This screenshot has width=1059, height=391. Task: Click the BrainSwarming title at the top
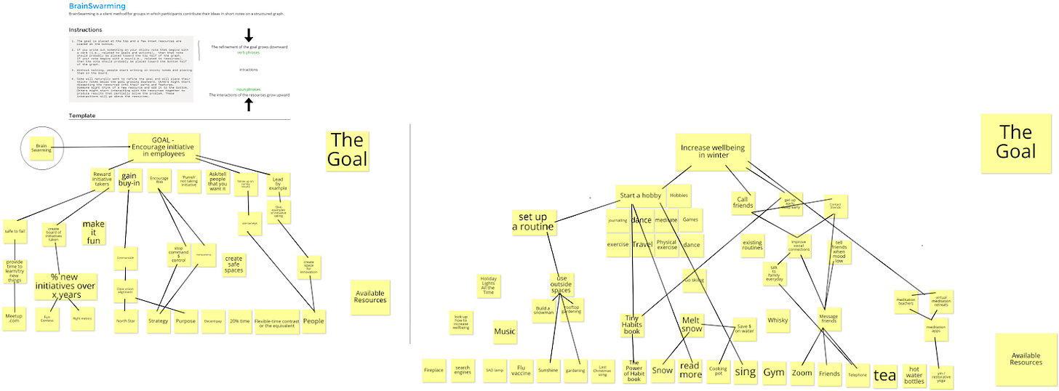pyautogui.click(x=92, y=6)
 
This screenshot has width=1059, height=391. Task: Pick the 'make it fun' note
pyautogui.click(x=94, y=232)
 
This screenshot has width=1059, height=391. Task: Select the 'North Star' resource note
pyautogui.click(x=126, y=321)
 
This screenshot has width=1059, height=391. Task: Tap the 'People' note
pyautogui.click(x=313, y=321)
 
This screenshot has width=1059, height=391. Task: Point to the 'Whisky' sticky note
pyautogui.click(x=778, y=320)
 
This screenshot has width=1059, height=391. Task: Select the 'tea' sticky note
pyautogui.click(x=884, y=374)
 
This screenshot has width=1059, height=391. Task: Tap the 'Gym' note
pyautogui.click(x=774, y=372)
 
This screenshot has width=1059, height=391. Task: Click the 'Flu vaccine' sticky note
pyautogui.click(x=521, y=370)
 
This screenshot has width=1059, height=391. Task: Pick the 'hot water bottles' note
pyautogui.click(x=914, y=374)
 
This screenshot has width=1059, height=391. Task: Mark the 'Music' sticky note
pyautogui.click(x=505, y=331)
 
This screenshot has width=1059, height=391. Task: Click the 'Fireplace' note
pyautogui.click(x=433, y=370)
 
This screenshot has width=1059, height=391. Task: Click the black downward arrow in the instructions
pyautogui.click(x=248, y=35)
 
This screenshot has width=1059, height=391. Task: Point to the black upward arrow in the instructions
pyautogui.click(x=248, y=105)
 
